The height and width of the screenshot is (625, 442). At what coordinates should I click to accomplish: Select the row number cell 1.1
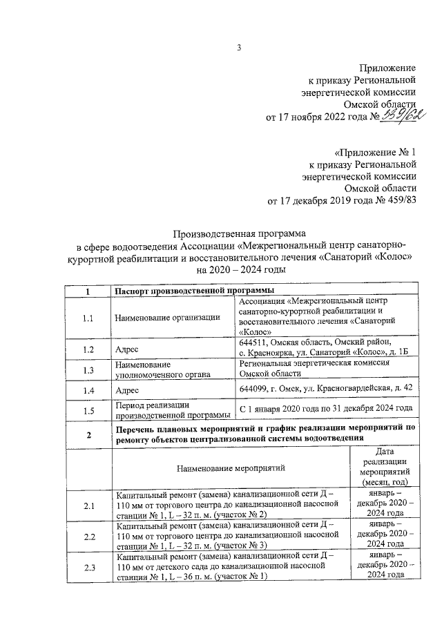click(88, 318)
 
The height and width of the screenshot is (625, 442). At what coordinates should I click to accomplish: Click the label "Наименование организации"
click(169, 318)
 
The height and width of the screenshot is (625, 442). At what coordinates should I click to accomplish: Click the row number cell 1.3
click(88, 370)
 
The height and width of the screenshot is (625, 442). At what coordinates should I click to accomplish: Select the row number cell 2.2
click(88, 537)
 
